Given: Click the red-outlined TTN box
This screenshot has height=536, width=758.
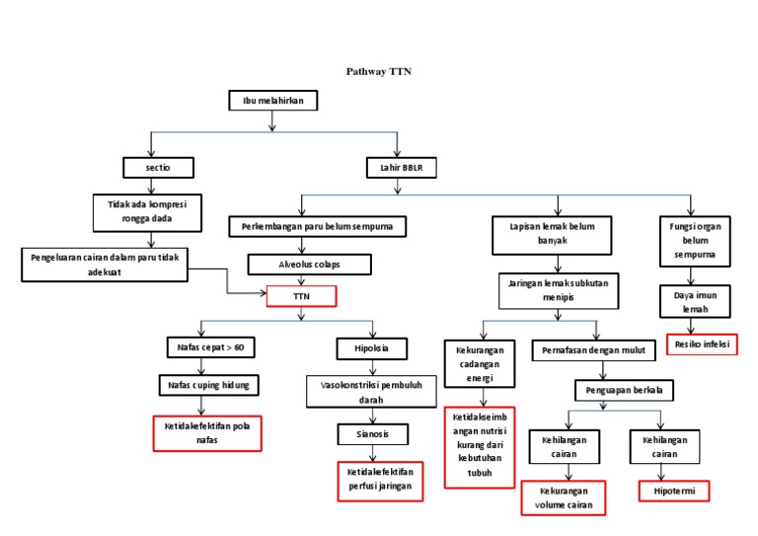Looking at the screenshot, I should pos(302,295).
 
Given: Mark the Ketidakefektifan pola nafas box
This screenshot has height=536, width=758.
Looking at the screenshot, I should pos(206,433).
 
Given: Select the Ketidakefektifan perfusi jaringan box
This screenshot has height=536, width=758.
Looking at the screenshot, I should pos(380,480).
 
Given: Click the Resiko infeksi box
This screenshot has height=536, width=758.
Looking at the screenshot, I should pos(703,345).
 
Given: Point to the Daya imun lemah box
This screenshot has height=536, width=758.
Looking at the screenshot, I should pos(695,301).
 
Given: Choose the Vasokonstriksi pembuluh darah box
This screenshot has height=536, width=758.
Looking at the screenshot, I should pos(371,392).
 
